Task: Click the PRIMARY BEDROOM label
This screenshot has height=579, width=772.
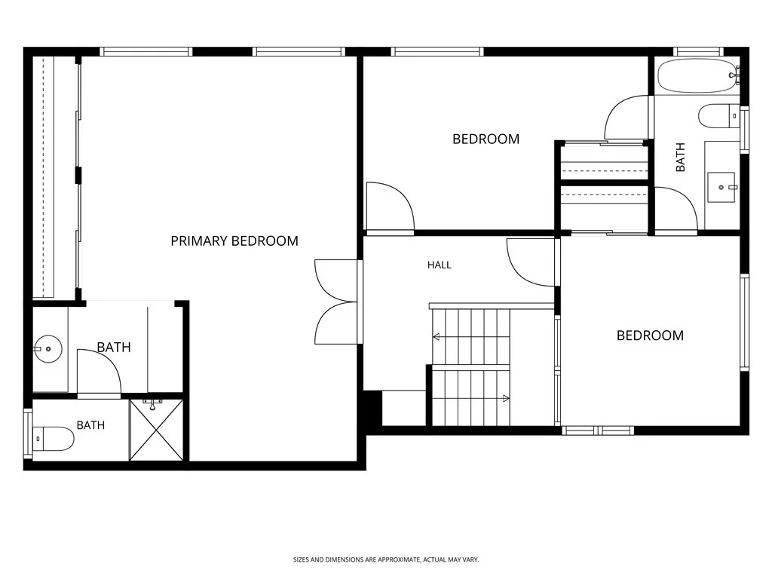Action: [x=234, y=240]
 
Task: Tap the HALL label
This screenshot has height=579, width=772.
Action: [x=440, y=265]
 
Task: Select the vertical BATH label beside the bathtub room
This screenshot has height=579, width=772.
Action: [x=681, y=157]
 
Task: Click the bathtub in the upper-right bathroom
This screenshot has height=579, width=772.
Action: [x=697, y=75]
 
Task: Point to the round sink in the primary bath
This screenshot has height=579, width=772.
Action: [x=47, y=348]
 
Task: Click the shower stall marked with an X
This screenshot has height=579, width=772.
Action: [x=156, y=430]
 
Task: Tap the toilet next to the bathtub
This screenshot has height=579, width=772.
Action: [x=718, y=116]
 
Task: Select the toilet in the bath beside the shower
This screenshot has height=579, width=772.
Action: [x=54, y=438]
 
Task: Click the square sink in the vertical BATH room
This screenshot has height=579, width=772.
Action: [x=721, y=187]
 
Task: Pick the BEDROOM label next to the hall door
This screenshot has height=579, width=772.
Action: [x=486, y=139]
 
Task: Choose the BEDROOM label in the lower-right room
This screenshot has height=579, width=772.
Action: [x=650, y=335]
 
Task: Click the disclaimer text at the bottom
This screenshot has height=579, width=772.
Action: [x=386, y=560]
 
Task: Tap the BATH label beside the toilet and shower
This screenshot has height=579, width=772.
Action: [x=90, y=425]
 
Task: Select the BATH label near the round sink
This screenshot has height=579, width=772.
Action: [x=114, y=347]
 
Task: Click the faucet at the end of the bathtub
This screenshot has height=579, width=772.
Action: [x=734, y=75]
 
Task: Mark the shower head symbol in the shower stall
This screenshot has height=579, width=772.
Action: [x=152, y=405]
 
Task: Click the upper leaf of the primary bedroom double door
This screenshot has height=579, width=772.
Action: [x=335, y=280]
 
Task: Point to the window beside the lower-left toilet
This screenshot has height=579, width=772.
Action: [x=28, y=433]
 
